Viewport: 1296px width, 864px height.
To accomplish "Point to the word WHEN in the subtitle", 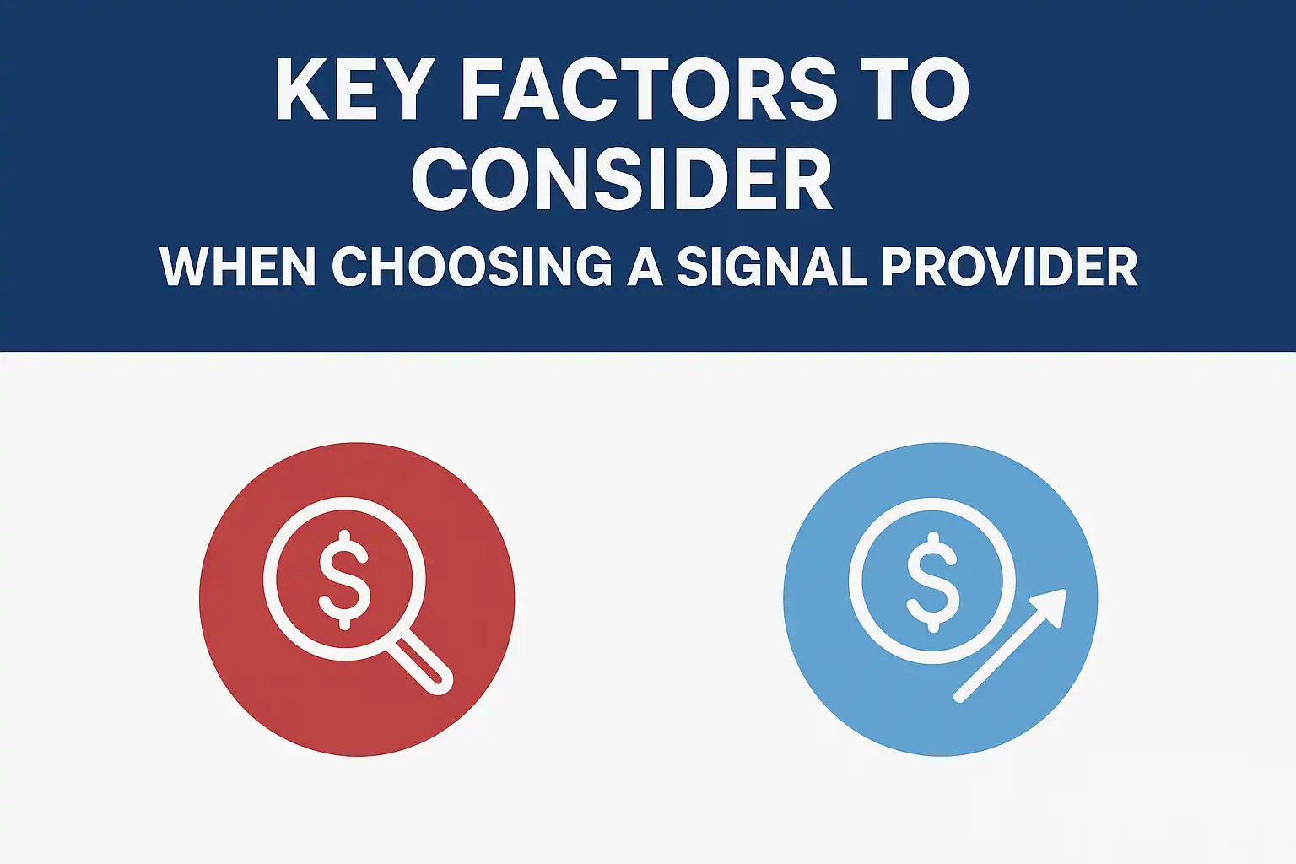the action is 238,267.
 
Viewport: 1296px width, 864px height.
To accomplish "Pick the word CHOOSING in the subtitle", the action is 472,267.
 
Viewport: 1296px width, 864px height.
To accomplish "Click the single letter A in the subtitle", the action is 645,267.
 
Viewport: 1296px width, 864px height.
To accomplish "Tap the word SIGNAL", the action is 772,267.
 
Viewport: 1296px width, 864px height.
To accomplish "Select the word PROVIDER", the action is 1010,267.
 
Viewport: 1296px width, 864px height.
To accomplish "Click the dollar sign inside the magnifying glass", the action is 344,580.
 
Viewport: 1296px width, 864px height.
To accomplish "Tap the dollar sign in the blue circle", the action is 932,581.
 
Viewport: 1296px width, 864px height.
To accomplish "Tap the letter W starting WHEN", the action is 185,267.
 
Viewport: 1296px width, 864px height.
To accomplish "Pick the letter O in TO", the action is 941,89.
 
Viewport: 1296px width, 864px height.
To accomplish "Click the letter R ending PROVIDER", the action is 1120,267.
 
